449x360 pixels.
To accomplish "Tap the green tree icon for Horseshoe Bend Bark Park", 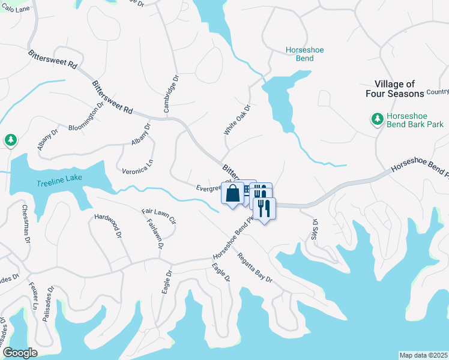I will point(377,119).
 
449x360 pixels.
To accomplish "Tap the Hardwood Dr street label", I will point(109,225).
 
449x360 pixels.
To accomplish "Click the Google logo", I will point(20,353).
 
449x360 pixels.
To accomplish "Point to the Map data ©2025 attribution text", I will point(423,355).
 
